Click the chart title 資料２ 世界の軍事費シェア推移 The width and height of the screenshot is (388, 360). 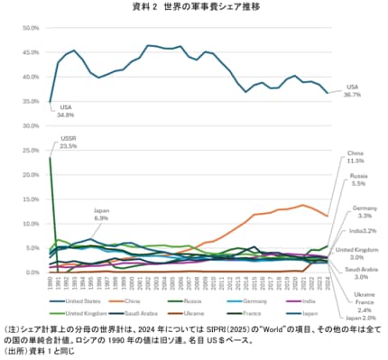pos(195,7)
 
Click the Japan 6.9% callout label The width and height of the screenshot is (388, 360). pos(101,215)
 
